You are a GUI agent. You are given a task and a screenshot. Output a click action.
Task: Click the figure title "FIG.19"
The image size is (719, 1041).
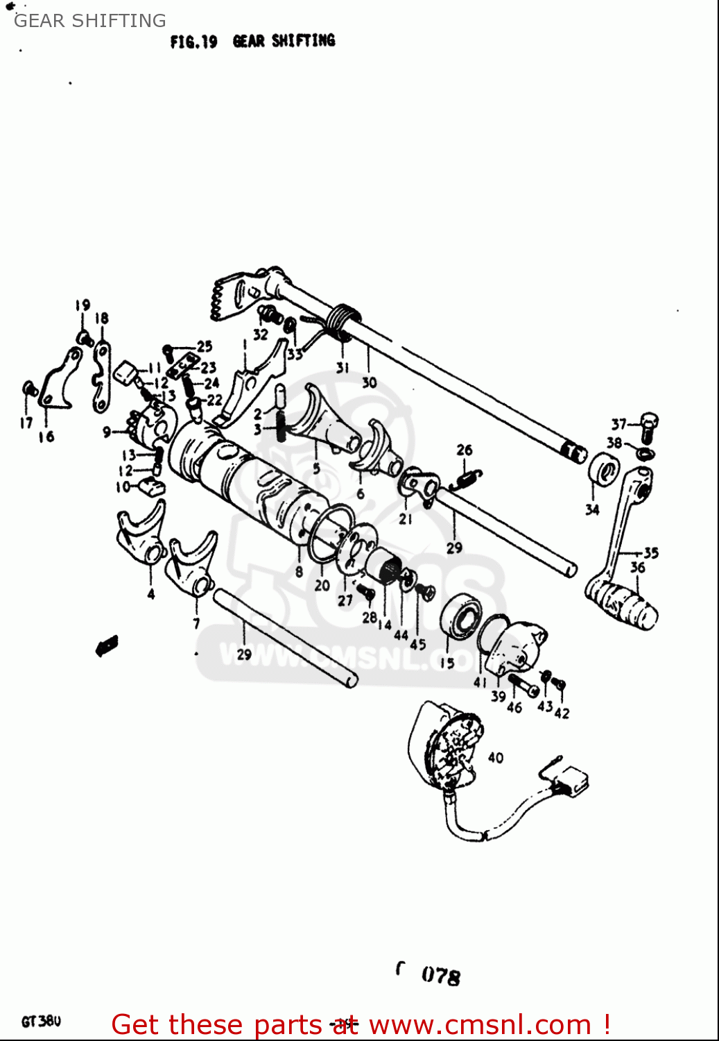pos(193,42)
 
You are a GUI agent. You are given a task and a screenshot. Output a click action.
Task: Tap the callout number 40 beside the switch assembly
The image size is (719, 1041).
pos(495,757)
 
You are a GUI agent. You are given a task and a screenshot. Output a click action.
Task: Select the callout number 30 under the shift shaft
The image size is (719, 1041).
pos(369,382)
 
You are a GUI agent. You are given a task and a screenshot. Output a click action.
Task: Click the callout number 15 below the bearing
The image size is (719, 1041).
pos(447,663)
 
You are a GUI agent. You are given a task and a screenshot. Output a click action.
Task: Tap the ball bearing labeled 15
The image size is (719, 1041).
pos(462,616)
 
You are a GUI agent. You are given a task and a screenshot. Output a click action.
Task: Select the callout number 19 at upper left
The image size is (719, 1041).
pos(83,305)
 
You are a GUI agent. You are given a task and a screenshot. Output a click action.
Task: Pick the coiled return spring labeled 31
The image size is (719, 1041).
pos(343,321)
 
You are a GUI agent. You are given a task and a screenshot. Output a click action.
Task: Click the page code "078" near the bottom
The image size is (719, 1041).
pos(440,976)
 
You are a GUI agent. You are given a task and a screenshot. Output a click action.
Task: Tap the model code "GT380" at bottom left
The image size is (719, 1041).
pos(41,1022)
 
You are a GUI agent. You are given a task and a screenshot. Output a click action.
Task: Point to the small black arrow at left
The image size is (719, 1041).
pos(106,646)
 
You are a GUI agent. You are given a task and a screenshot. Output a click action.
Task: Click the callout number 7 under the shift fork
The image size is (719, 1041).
pos(196,623)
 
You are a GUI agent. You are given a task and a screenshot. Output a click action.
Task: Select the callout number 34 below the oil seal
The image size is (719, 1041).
pos(591,510)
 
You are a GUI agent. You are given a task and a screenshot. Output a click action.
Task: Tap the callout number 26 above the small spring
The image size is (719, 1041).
pos(464,450)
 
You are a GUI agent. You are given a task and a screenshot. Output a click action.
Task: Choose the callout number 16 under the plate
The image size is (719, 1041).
pos(46,437)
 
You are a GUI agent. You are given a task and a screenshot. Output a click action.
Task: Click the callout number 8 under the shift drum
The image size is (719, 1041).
pos(299,572)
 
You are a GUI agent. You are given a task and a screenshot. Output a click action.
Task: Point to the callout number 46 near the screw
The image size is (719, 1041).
pos(514,707)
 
